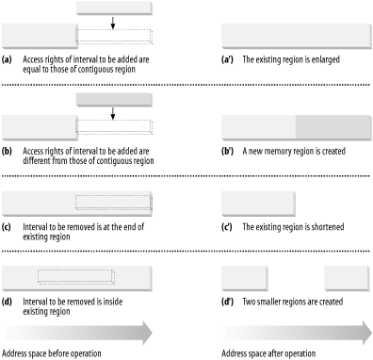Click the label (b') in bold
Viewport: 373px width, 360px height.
[228, 150]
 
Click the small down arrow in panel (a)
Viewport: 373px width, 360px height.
[112, 23]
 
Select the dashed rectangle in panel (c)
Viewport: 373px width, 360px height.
[113, 201]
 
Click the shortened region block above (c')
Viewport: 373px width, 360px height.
[258, 202]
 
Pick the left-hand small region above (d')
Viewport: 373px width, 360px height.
[243, 277]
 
